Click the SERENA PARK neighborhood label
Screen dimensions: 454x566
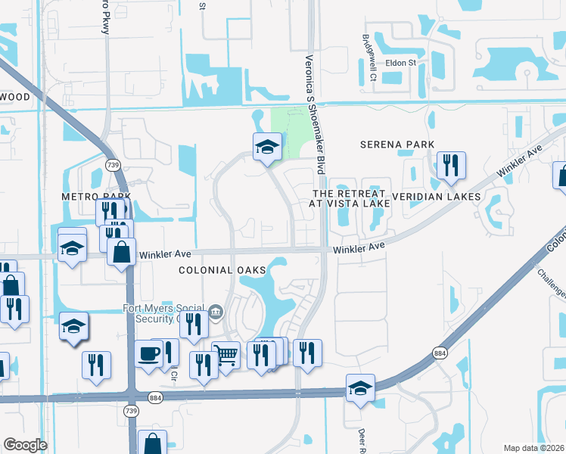click(397, 145)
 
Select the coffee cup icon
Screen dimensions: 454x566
click(149, 353)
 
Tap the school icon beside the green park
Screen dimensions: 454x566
click(267, 146)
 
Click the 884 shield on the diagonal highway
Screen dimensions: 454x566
click(440, 353)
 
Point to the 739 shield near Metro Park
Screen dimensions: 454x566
click(114, 165)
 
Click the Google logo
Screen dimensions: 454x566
click(25, 445)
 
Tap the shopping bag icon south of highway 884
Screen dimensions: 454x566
click(152, 443)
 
